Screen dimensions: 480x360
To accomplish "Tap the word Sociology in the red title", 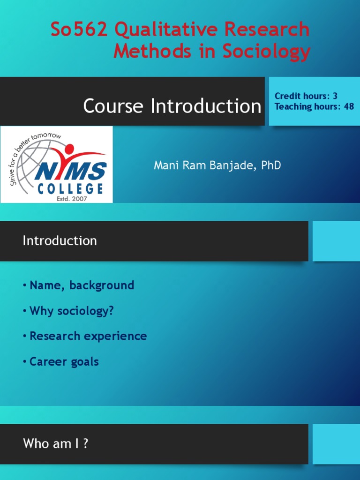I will point(266,51).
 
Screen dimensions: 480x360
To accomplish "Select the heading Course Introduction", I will point(172,106).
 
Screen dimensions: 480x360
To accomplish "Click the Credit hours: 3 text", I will point(306,96).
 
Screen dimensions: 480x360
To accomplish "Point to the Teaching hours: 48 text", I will point(314,106).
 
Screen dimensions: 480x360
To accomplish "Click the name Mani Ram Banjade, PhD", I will point(217,165).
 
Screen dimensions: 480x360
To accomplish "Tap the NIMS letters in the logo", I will point(70,172).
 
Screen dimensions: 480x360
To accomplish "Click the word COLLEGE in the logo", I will point(70,189).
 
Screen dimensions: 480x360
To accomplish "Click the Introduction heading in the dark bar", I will point(60,241).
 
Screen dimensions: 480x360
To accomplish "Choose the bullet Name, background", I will point(82,285).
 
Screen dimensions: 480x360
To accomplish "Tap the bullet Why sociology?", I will point(71,311).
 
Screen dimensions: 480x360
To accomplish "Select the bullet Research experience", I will point(88,336).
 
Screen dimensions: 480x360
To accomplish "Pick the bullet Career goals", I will point(64,362).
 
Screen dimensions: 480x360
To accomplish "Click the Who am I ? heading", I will point(55,443).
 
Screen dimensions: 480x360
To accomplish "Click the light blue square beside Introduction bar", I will point(336,241).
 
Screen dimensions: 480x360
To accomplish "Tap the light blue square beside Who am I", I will point(336,443).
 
